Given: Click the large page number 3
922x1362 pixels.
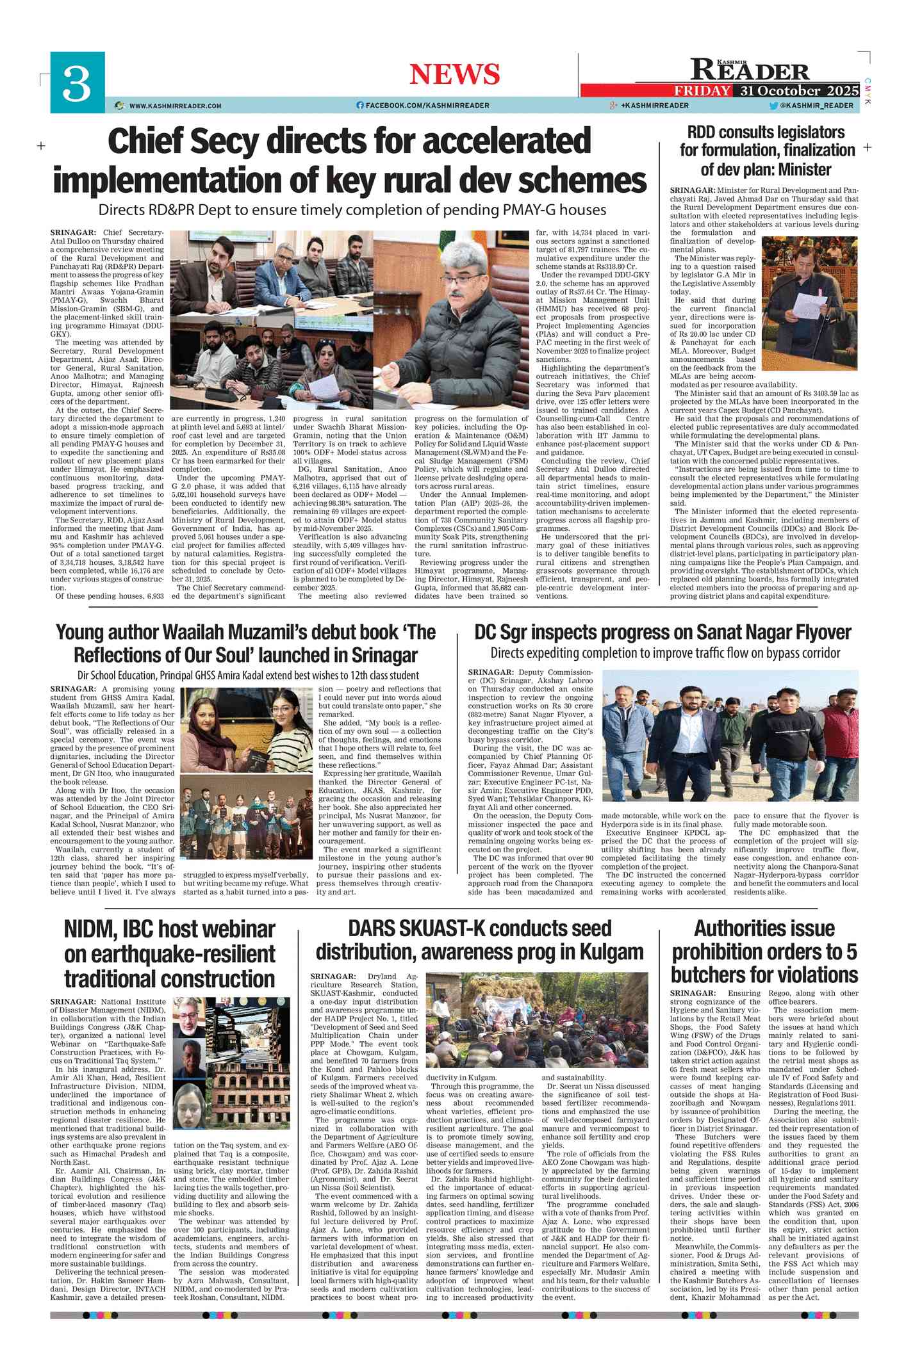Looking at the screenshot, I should (x=77, y=83).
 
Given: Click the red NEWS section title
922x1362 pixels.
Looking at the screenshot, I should (x=454, y=74).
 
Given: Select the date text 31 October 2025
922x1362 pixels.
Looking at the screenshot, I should (x=799, y=90).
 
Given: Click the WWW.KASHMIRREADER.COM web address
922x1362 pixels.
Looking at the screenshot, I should (x=175, y=106).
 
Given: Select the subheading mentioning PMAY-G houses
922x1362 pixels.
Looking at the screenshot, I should (x=352, y=209).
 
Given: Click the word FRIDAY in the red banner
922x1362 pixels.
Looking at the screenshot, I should (x=702, y=90).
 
